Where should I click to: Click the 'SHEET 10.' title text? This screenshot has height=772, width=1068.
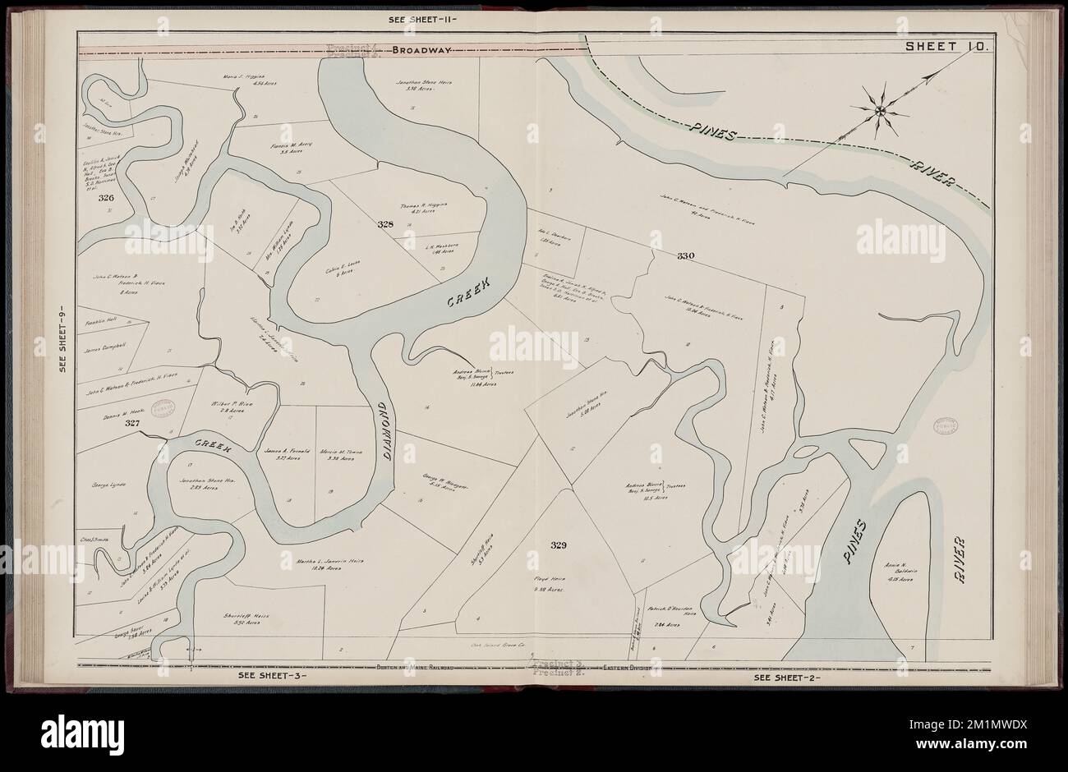point(948,46)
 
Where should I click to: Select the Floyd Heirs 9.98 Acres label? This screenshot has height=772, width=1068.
point(552,584)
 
